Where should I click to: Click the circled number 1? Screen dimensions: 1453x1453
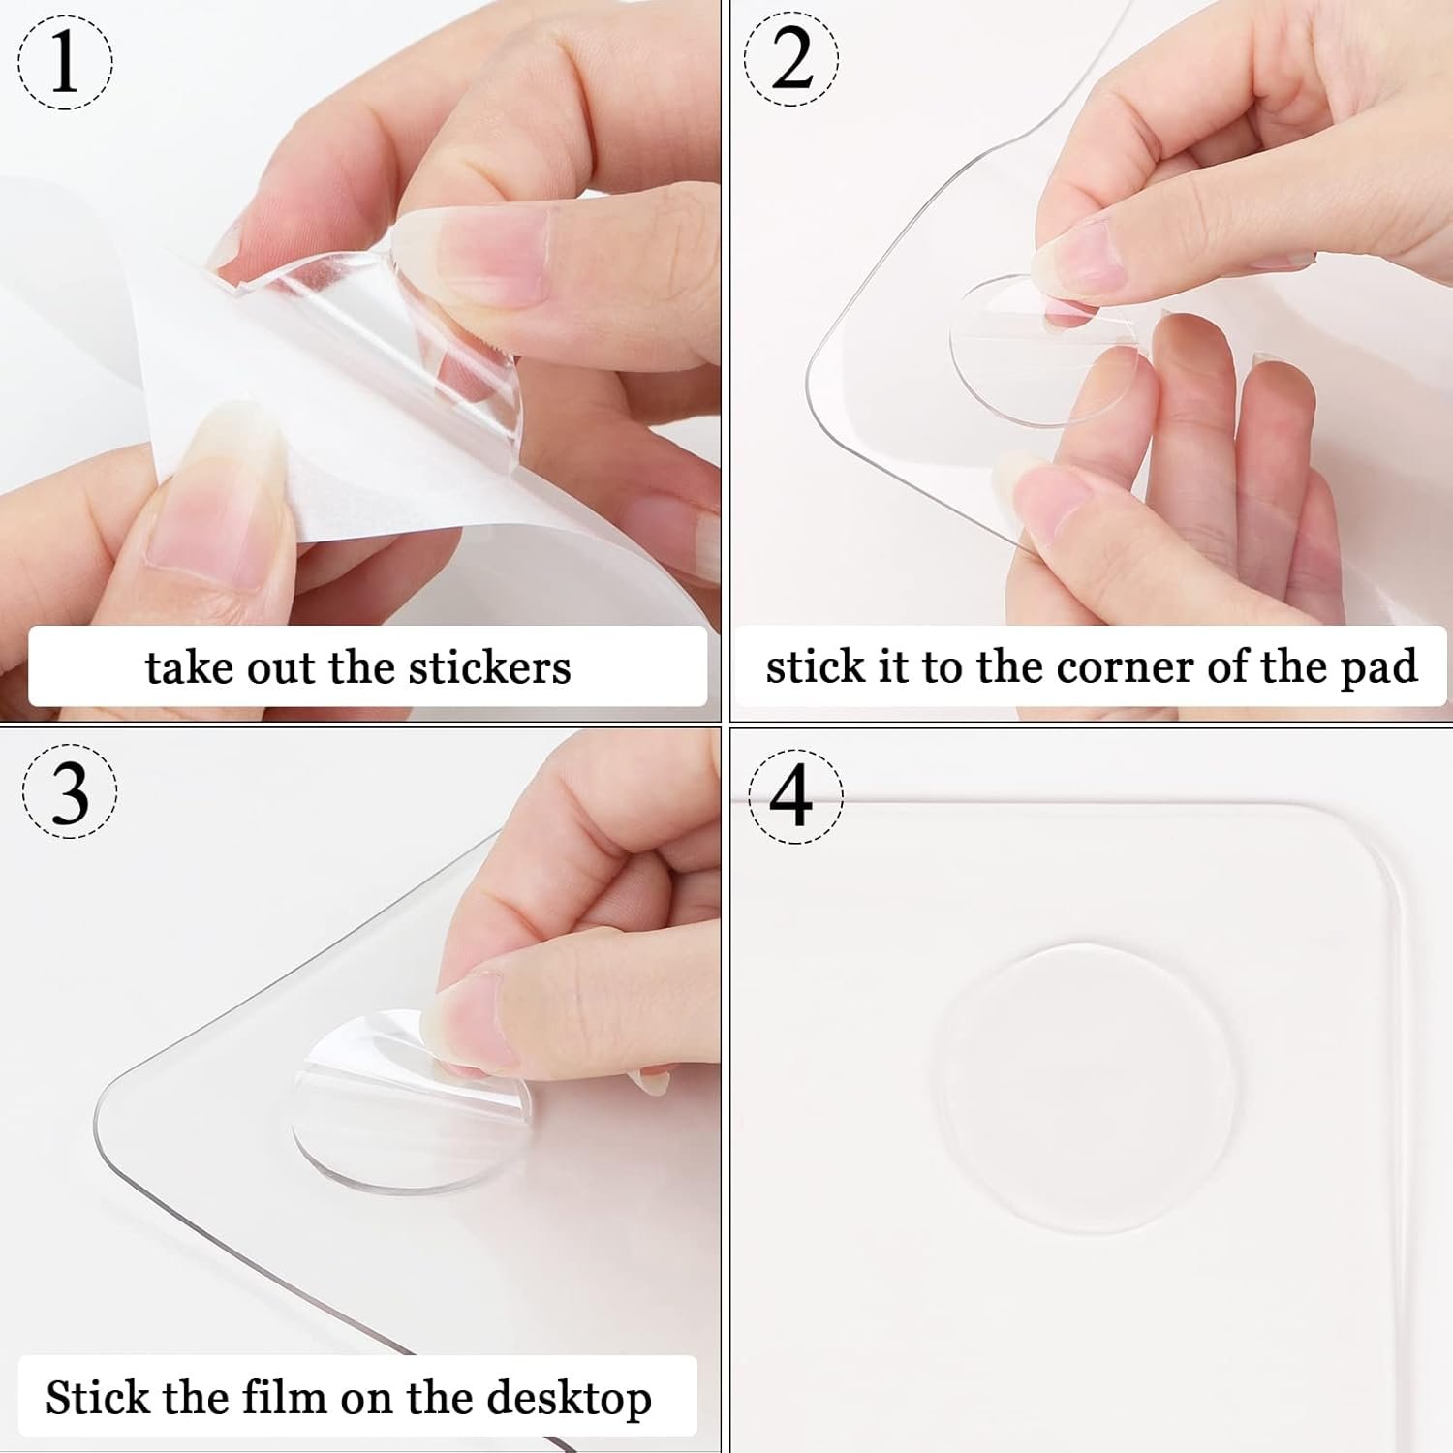pyautogui.click(x=65, y=61)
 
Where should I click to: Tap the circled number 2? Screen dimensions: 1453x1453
pyautogui.click(x=791, y=59)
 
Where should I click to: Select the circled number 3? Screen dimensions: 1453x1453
pyautogui.click(x=69, y=791)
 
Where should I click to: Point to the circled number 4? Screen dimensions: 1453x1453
pyautogui.click(x=794, y=796)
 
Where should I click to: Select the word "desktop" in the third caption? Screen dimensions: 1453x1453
pyautogui.click(x=569, y=1399)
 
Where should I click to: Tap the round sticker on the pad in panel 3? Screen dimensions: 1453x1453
pyautogui.click(x=412, y=1104)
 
